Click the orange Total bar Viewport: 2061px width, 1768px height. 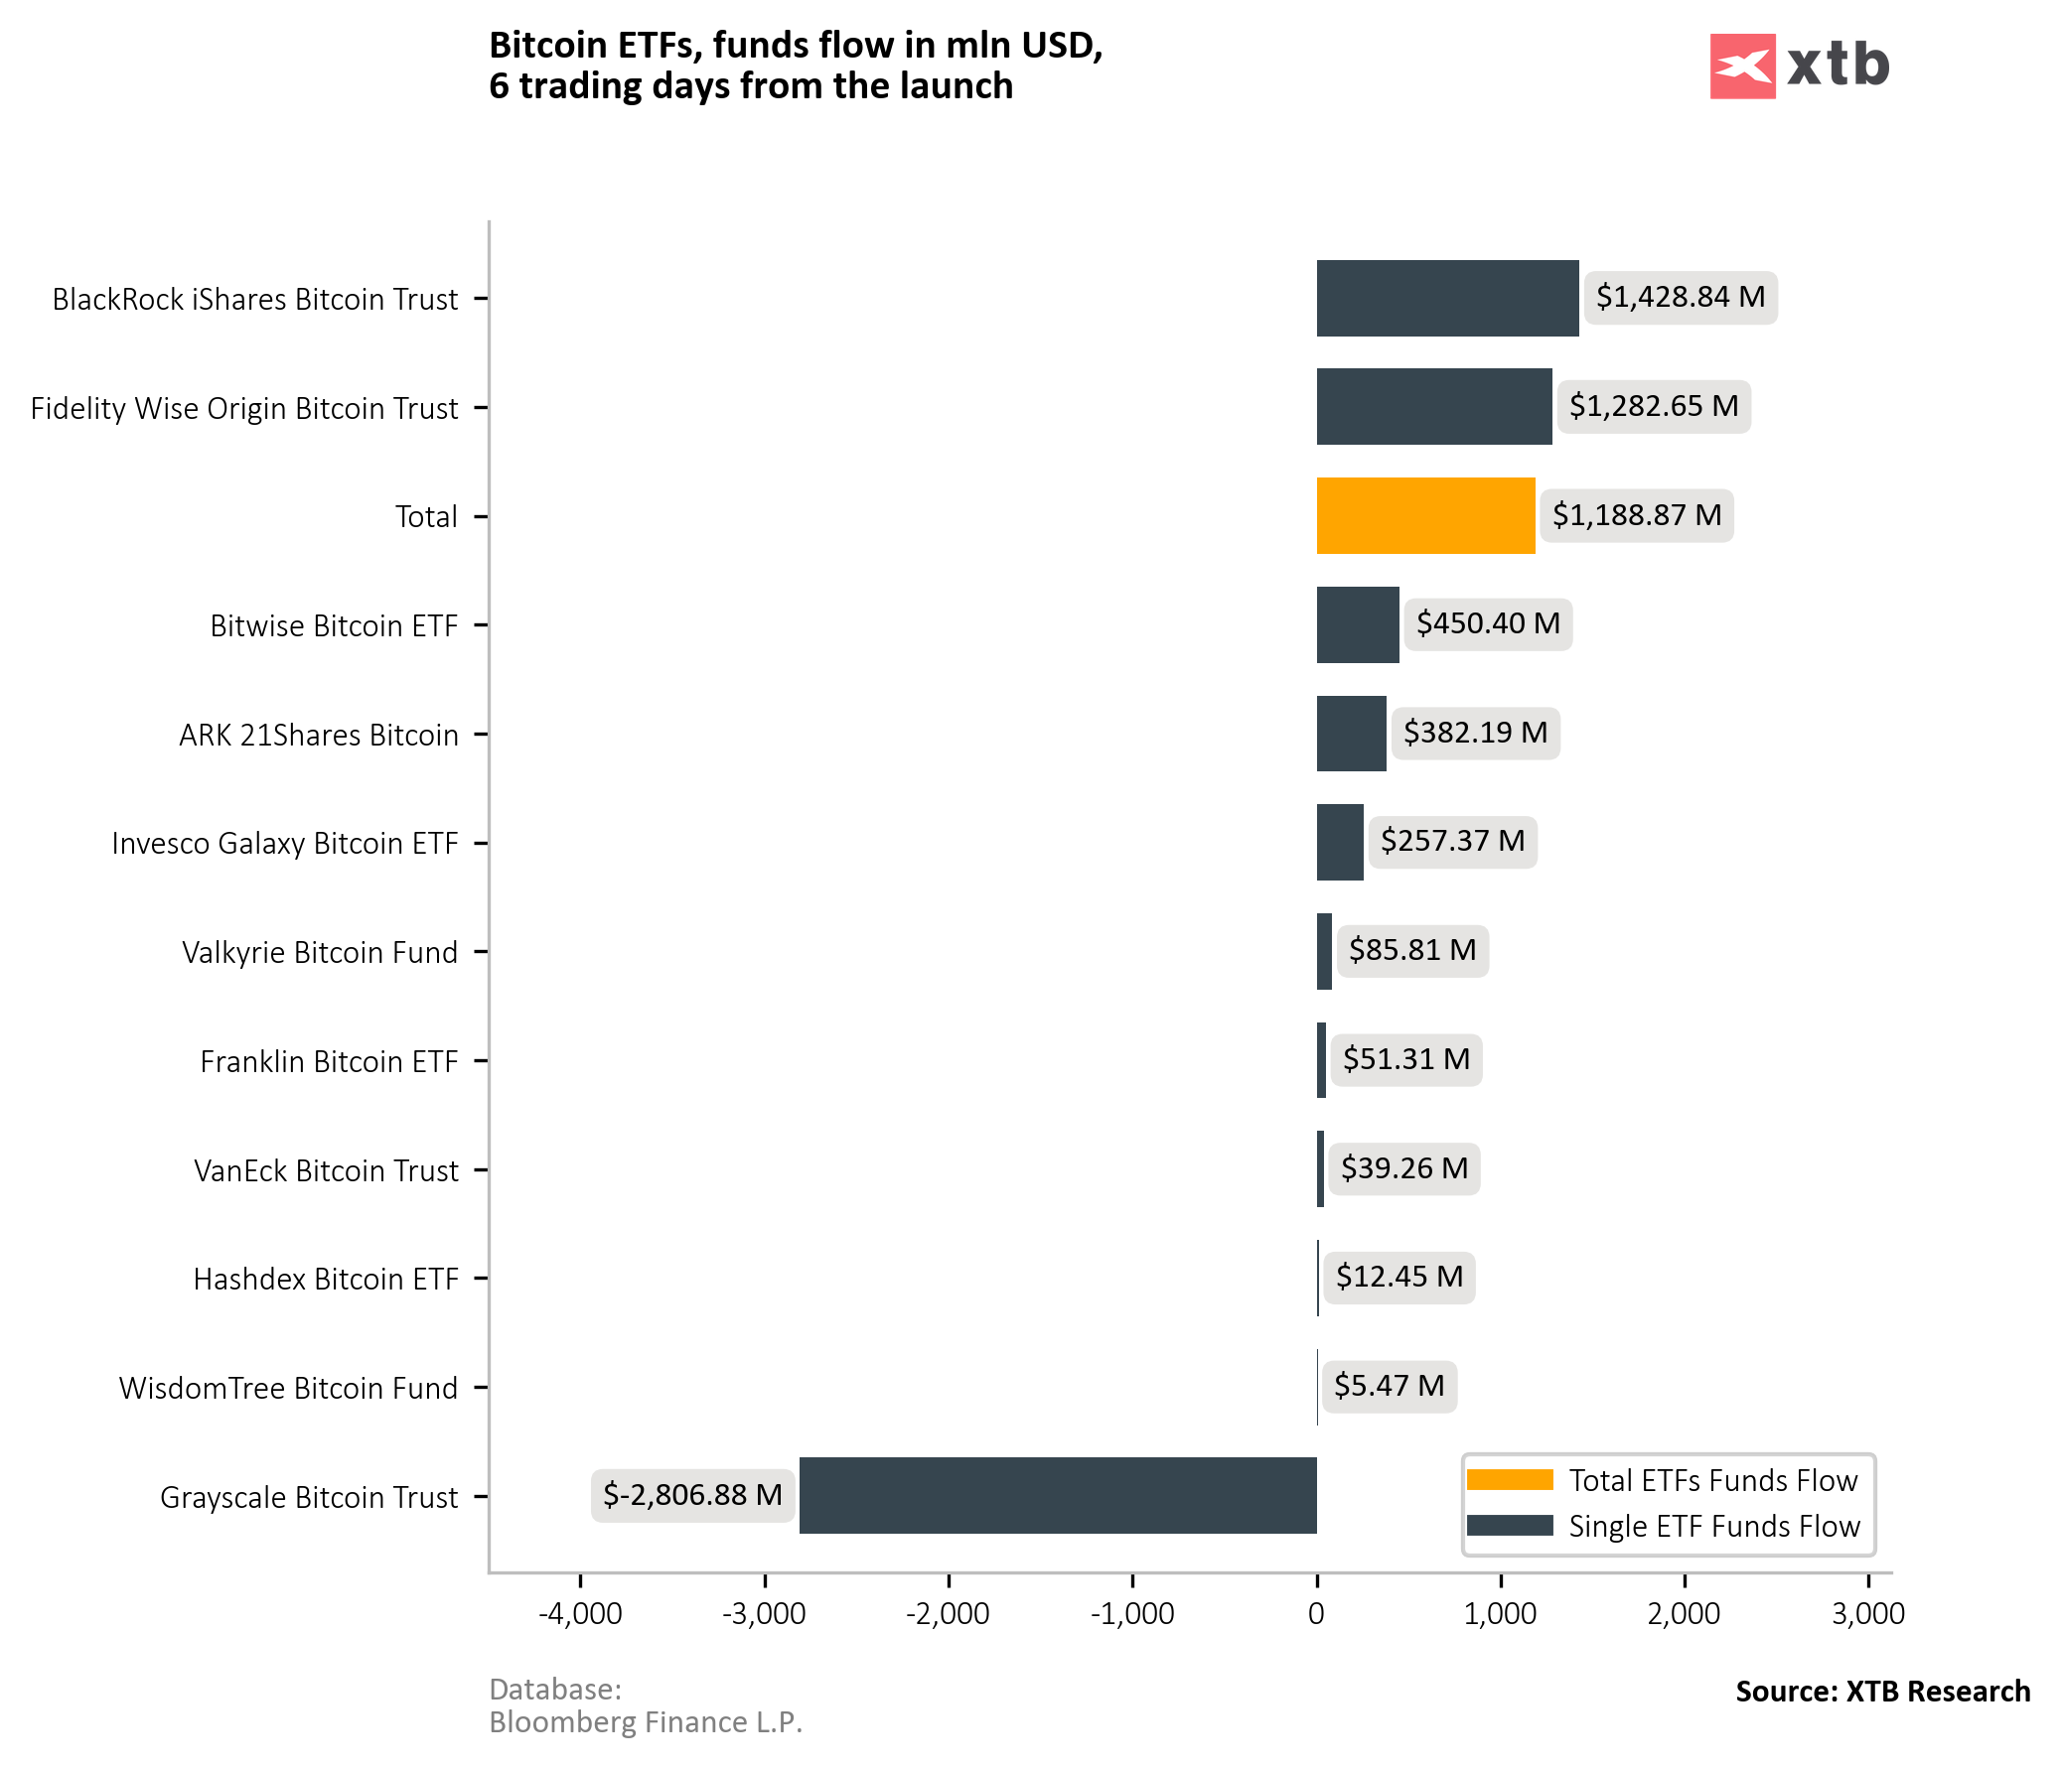tap(1425, 515)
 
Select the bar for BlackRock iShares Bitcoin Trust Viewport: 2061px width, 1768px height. tap(1447, 298)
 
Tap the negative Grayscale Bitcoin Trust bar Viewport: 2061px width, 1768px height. tap(1058, 1495)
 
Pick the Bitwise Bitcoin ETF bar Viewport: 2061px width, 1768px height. tap(1358, 624)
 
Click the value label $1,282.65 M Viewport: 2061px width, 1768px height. tap(1653, 406)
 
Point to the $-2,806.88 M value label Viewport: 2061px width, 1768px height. tap(692, 1495)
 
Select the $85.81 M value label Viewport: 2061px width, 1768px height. tap(1411, 950)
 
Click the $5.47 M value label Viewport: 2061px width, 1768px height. tap(1389, 1385)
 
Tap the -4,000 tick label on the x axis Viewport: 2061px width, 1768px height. tap(580, 1613)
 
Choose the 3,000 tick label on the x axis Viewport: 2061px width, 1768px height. tap(1868, 1613)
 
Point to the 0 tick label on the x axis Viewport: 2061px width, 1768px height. tap(1316, 1613)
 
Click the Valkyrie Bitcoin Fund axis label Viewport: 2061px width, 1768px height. tap(319, 953)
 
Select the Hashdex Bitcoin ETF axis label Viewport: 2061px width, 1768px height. tap(325, 1279)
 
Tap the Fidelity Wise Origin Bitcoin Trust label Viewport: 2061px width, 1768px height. tap(243, 408)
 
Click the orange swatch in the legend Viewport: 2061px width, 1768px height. tap(1509, 1480)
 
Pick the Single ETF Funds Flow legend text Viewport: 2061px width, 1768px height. tap(1713, 1527)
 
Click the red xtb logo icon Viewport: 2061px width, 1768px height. tap(1742, 67)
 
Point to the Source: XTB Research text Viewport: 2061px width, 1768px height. tap(1882, 1692)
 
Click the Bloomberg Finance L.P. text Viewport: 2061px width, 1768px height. tap(646, 1722)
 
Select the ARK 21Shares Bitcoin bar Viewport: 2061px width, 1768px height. tap(1351, 733)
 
